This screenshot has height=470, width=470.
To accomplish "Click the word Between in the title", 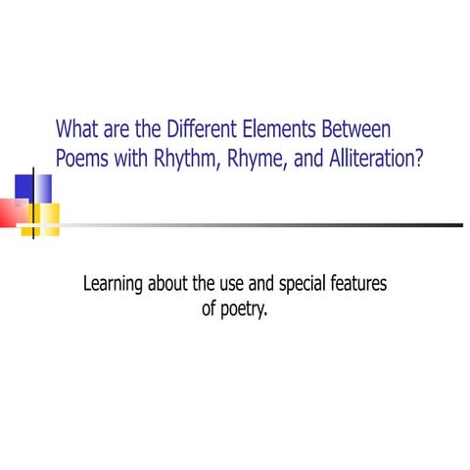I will pyautogui.click(x=356, y=129).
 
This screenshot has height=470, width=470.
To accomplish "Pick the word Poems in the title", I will pyautogui.click(x=81, y=158).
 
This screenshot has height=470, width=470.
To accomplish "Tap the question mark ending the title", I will pyautogui.click(x=419, y=158).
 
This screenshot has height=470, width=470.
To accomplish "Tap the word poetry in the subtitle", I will pyautogui.click(x=243, y=314).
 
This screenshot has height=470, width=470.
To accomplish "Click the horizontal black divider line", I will pyautogui.click(x=255, y=225).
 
